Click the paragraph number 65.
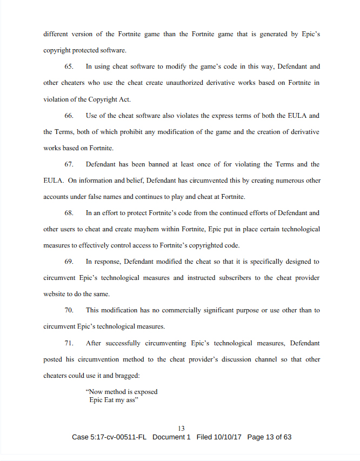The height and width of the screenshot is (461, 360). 69,67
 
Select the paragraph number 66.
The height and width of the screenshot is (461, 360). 69,116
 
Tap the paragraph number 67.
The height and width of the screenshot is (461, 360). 69,164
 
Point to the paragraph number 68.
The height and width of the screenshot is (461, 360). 69,213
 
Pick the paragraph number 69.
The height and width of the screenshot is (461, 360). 69,262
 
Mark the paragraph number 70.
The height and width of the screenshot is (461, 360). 69,310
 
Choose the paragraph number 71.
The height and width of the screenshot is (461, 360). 69,343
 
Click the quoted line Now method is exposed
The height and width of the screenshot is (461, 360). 122,392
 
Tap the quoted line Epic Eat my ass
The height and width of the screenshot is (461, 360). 111,400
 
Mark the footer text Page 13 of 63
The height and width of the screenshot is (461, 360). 269,437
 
